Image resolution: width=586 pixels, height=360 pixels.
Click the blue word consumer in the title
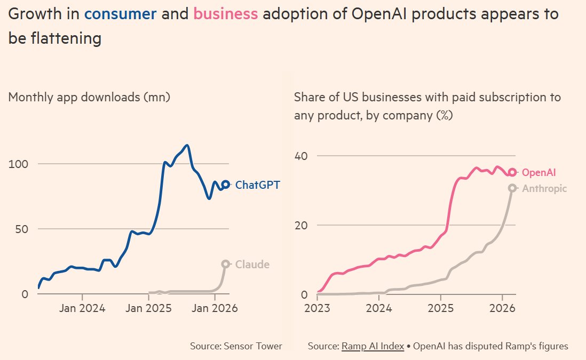[121, 14]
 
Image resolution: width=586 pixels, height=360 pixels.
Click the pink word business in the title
[226, 14]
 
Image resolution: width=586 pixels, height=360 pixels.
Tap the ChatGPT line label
[257, 185]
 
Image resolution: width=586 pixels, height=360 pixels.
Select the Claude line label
[252, 265]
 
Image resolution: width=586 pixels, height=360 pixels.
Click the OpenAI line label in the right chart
[539, 172]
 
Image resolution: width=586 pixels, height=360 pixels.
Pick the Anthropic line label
[544, 188]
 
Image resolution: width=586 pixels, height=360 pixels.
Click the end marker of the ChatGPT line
[226, 185]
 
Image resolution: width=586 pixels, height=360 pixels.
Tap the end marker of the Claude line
[226, 264]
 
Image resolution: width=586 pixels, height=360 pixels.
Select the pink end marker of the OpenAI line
[512, 172]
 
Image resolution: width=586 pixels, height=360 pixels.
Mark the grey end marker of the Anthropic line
[512, 188]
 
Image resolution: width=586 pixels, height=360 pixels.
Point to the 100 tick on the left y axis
[18, 164]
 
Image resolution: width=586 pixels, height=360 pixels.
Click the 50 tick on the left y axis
[20, 229]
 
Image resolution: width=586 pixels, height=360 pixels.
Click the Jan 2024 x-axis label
[83, 308]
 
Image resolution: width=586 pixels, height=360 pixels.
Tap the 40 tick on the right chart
[303, 156]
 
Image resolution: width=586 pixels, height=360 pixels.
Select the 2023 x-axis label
[318, 308]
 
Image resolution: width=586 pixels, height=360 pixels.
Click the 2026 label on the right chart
[502, 308]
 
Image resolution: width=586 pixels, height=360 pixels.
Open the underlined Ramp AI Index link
[373, 346]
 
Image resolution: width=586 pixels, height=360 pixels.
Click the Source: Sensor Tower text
[236, 346]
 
